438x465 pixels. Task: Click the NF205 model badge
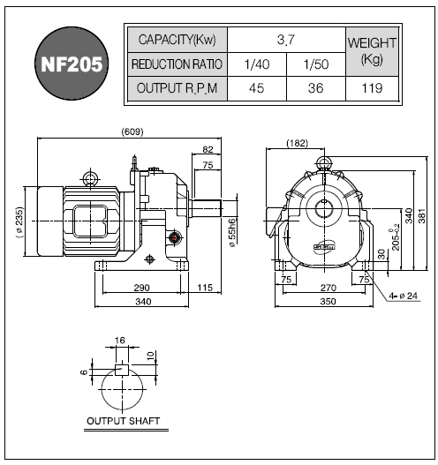(x=72, y=64)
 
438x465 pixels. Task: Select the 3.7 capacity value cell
(x=286, y=40)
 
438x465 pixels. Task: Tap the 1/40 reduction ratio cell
(x=257, y=64)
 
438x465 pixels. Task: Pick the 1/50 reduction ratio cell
(x=316, y=64)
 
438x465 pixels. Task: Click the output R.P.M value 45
(x=257, y=88)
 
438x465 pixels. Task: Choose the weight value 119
(x=372, y=88)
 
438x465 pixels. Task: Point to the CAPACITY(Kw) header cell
(x=177, y=40)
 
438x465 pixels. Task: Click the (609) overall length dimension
(x=132, y=131)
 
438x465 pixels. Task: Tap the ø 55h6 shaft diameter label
(x=232, y=233)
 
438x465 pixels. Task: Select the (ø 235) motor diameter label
(x=19, y=222)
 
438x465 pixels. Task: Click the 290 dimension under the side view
(x=141, y=288)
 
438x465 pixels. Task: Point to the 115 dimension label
(x=205, y=288)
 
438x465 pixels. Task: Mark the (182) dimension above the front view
(x=297, y=143)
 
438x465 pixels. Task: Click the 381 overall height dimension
(x=422, y=216)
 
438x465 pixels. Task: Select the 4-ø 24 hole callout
(x=404, y=296)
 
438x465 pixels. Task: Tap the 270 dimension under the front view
(x=328, y=288)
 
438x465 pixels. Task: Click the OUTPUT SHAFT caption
(x=123, y=421)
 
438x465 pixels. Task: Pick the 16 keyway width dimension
(x=120, y=341)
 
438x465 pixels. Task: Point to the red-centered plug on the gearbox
(x=175, y=237)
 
